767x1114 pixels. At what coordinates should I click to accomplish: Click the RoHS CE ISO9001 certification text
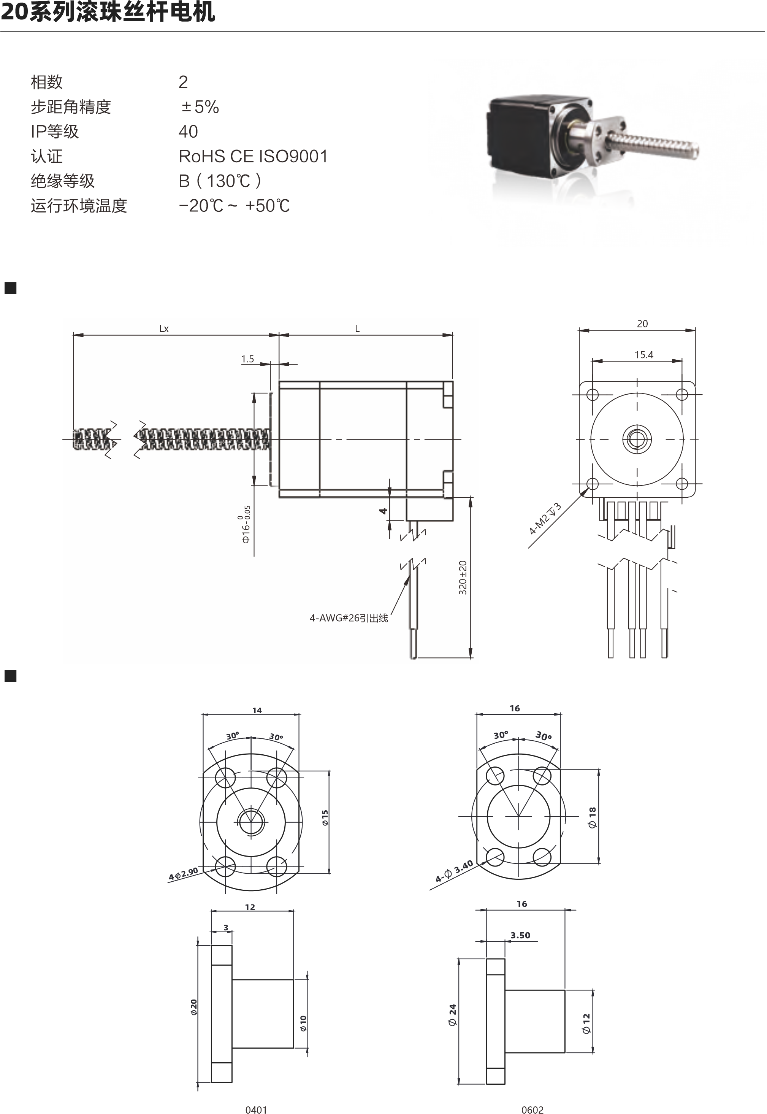pos(253,156)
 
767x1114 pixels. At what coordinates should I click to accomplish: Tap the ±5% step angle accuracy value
pos(200,107)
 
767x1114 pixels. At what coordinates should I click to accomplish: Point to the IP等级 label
pos(54,132)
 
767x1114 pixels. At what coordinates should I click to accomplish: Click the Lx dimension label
pos(164,329)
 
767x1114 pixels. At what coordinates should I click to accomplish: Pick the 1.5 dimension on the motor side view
pos(247,359)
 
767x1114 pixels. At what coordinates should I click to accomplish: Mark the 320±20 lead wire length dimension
pos(463,578)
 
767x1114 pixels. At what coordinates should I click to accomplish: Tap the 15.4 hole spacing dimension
pos(643,355)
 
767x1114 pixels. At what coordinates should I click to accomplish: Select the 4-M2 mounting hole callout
pos(545,519)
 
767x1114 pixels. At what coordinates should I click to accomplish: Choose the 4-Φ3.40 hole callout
pos(454,872)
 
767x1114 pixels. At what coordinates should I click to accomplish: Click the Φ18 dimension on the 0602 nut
pos(592,817)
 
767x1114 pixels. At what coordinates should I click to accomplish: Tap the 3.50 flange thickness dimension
pos(520,935)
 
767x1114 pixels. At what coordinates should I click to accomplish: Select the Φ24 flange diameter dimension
pos(452,1016)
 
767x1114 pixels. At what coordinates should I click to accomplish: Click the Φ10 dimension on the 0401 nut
pos(303,1024)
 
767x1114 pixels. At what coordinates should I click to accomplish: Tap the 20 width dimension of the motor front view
pos(642,324)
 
